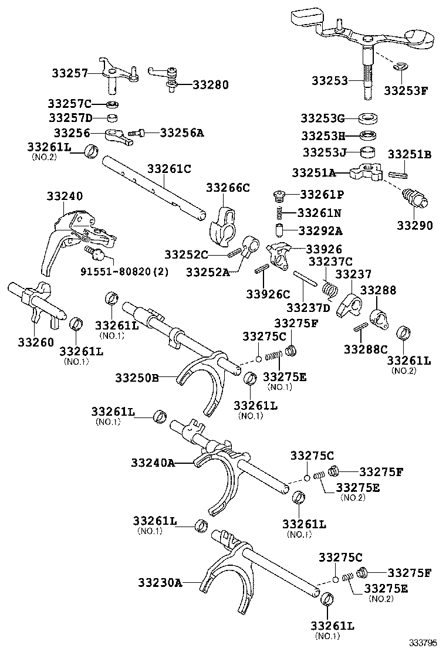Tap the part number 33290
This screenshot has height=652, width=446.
tap(415, 225)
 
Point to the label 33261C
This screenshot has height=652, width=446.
tap(169, 169)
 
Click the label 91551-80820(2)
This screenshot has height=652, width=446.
tap(121, 271)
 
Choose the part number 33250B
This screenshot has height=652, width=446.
tap(137, 378)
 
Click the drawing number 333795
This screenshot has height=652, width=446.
tap(424, 642)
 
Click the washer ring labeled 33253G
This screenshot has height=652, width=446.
tap(367, 117)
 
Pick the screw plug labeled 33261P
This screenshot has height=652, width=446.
tap(280, 195)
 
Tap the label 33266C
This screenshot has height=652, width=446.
tap(228, 188)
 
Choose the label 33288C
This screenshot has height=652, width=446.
tap(366, 349)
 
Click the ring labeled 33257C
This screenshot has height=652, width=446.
tap(113, 104)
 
